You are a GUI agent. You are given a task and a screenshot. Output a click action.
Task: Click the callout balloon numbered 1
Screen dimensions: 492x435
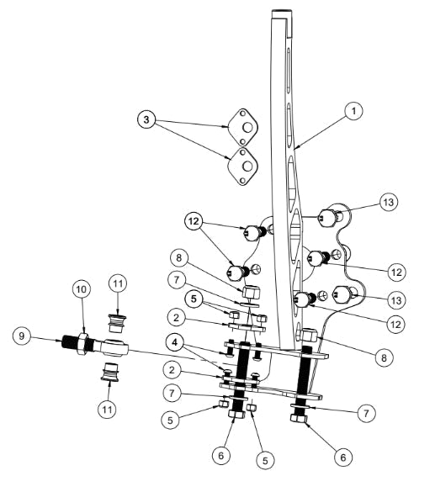pos(355,110)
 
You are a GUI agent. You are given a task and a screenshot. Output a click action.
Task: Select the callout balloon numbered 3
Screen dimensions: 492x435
pos(146,121)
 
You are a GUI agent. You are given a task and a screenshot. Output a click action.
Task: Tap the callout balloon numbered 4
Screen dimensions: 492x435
pos(172,343)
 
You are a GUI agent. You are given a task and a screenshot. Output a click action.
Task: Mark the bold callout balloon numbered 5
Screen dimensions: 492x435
pos(194,298)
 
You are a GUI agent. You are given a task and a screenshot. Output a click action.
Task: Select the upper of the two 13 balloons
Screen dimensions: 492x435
pos(389,203)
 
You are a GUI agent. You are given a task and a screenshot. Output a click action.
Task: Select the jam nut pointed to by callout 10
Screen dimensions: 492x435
pos(84,344)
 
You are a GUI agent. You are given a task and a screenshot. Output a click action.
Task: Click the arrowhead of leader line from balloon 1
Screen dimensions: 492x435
pos(296,151)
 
